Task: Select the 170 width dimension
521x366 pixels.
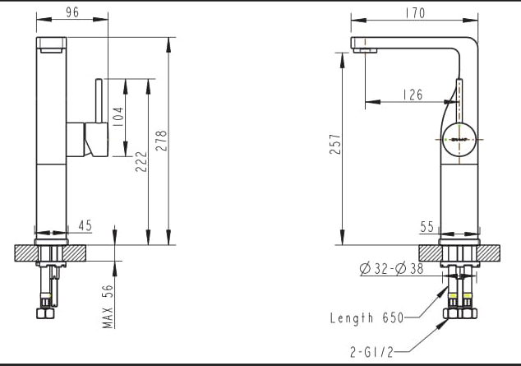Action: [415, 13]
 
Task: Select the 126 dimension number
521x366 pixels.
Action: [413, 95]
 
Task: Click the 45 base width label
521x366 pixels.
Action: [85, 225]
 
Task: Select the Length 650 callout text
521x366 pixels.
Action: [366, 317]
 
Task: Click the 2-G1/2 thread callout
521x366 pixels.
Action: [372, 352]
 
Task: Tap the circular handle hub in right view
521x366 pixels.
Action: [459, 141]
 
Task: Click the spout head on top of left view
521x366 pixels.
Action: [51, 44]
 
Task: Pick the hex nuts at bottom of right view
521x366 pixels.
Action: [459, 313]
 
